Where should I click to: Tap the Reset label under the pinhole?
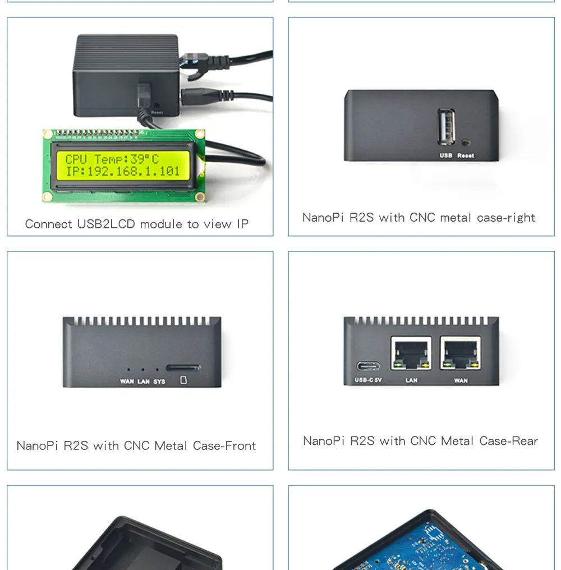tap(466, 155)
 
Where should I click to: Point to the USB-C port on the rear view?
tap(368, 367)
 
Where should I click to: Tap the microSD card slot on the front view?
tap(183, 369)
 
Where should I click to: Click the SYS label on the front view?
tap(159, 382)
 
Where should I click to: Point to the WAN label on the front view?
tap(127, 382)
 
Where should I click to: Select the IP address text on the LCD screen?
tap(123, 172)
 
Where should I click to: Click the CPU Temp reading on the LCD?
tap(112, 159)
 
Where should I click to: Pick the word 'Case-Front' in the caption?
tap(224, 446)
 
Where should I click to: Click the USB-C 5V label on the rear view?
tap(368, 380)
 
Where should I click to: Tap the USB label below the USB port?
tap(446, 155)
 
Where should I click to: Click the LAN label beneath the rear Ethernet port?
tap(411, 380)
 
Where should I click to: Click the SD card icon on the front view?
tap(183, 381)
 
